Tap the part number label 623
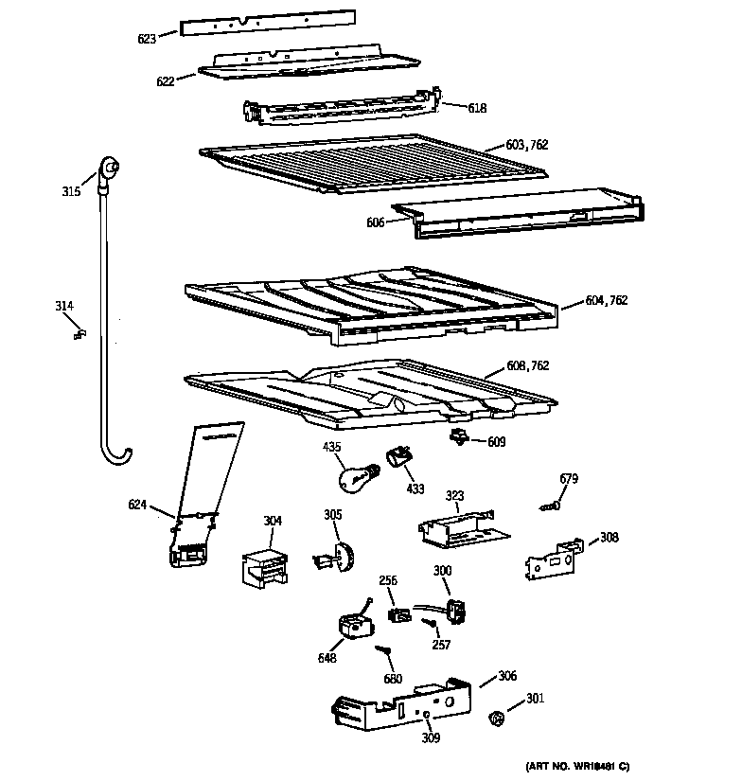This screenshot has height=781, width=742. pos(147,38)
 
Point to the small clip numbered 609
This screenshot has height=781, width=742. pos(460,436)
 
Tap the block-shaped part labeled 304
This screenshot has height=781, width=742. pos(264,567)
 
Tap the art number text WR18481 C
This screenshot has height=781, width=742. pos(577,765)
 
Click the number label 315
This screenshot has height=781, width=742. pos(71,192)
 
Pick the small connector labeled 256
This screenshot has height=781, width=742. pos(398,614)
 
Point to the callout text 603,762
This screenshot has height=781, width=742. pos(527,145)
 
